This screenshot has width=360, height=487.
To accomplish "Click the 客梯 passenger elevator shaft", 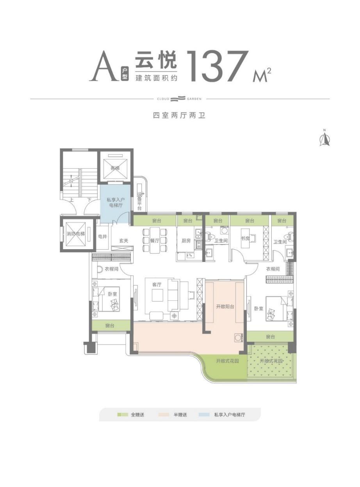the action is coord(115,169).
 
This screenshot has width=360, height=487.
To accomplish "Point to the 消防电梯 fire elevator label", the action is coord(75,234).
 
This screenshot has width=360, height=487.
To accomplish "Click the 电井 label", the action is coord(103,237).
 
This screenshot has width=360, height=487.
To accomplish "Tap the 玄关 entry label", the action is coord(124,241).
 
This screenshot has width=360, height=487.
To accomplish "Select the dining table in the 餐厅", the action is coord(155,240).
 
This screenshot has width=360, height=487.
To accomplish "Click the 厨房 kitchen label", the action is coord(186,241).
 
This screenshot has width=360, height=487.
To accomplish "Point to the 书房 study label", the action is coord(245,238).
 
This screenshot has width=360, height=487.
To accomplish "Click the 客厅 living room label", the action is coord(157,285).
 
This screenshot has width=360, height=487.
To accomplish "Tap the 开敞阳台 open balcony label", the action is coord(225,306).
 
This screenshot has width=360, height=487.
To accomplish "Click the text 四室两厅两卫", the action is coord(179,115).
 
